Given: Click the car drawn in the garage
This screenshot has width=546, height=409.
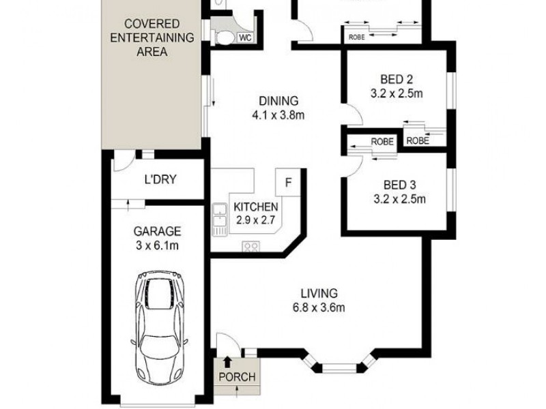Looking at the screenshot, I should [160, 313].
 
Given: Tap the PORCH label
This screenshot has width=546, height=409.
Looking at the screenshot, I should [236, 377].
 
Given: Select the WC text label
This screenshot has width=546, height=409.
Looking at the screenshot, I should [245, 38].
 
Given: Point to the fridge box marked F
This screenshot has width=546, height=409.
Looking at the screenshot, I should [288, 182].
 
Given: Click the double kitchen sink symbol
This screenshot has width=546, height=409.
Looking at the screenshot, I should [220, 219].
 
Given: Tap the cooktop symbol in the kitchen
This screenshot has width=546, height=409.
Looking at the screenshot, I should [250, 247].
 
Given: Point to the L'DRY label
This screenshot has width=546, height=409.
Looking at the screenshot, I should [160, 180].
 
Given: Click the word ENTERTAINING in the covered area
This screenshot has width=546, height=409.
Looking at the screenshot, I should [152, 37].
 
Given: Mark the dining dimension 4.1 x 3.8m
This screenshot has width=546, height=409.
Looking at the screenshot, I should [278, 115].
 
